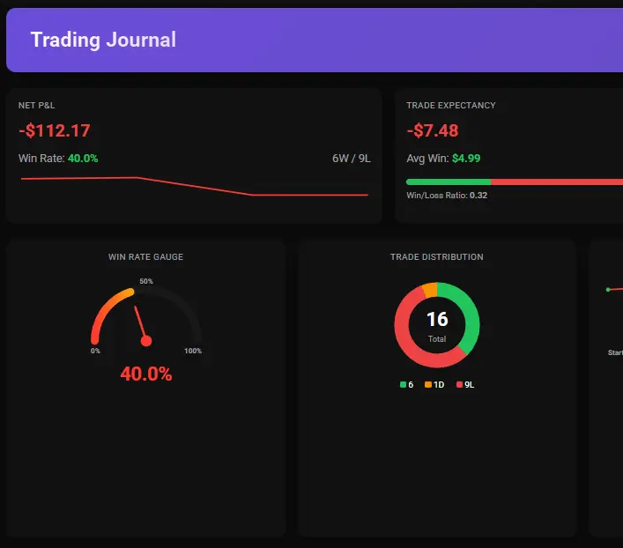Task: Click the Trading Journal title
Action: [x=103, y=40]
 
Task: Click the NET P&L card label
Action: [x=36, y=106]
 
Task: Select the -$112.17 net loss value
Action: [x=55, y=131]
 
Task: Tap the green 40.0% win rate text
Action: [x=83, y=159]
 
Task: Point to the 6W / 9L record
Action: [x=352, y=159]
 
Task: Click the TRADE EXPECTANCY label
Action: [x=450, y=106]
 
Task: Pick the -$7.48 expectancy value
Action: [x=433, y=131]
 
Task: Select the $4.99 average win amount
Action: [x=466, y=159]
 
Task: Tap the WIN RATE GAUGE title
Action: [x=145, y=257]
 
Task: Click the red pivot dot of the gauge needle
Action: [x=146, y=341]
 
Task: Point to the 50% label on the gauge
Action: [x=146, y=282]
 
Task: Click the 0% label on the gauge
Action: [x=95, y=351]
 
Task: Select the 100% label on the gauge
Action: [x=193, y=351]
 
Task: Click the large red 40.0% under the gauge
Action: [x=146, y=374]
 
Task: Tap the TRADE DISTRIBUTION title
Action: [x=436, y=257]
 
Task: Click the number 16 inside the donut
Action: [x=437, y=319]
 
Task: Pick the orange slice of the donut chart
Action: [x=429, y=290]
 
